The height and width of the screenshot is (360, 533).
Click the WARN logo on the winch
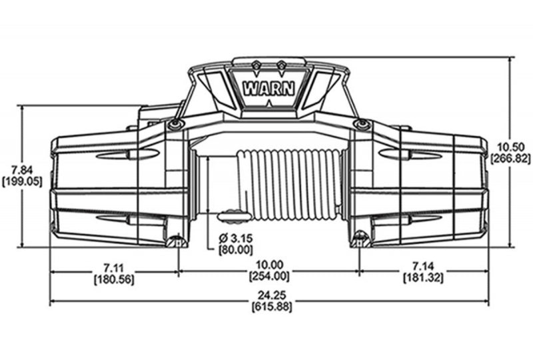266,88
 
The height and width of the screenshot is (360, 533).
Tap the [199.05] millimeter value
18,181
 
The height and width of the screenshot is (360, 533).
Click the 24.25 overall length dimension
268,296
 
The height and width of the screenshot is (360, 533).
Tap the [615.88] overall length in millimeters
268,307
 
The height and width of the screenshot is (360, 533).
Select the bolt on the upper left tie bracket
175,126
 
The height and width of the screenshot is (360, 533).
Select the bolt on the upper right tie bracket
363,125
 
